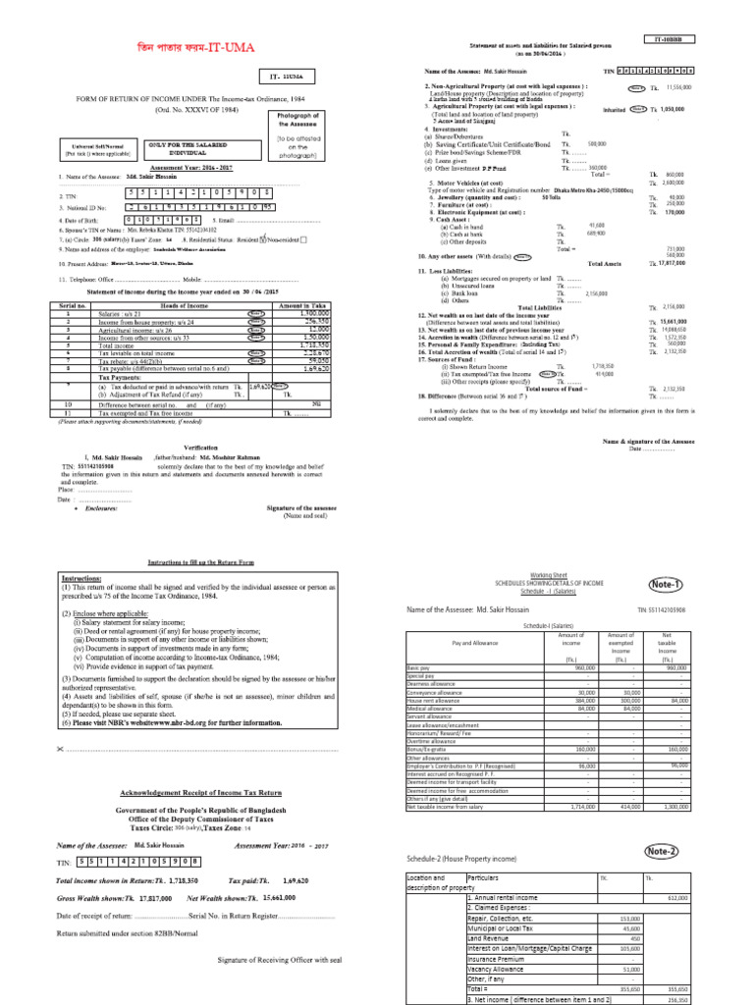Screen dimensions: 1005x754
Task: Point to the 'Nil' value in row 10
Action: tap(315, 403)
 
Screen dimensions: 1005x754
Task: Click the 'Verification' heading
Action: tap(200, 447)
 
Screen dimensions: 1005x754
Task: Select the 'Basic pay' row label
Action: tap(418, 666)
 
